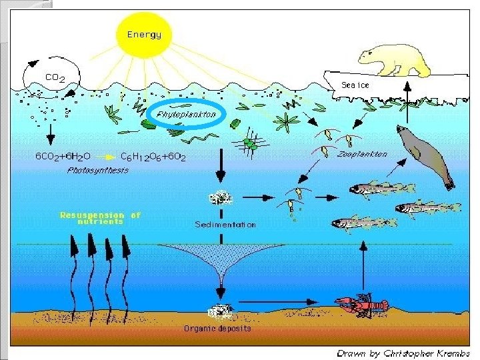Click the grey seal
click(x=425, y=156)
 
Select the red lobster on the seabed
click(x=361, y=305)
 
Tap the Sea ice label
click(x=355, y=85)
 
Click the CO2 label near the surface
click(x=55, y=77)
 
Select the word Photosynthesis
click(x=98, y=170)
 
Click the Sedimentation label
click(x=225, y=224)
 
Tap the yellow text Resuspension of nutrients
click(x=101, y=218)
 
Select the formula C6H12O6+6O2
click(x=153, y=157)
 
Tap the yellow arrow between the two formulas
click(x=107, y=157)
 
